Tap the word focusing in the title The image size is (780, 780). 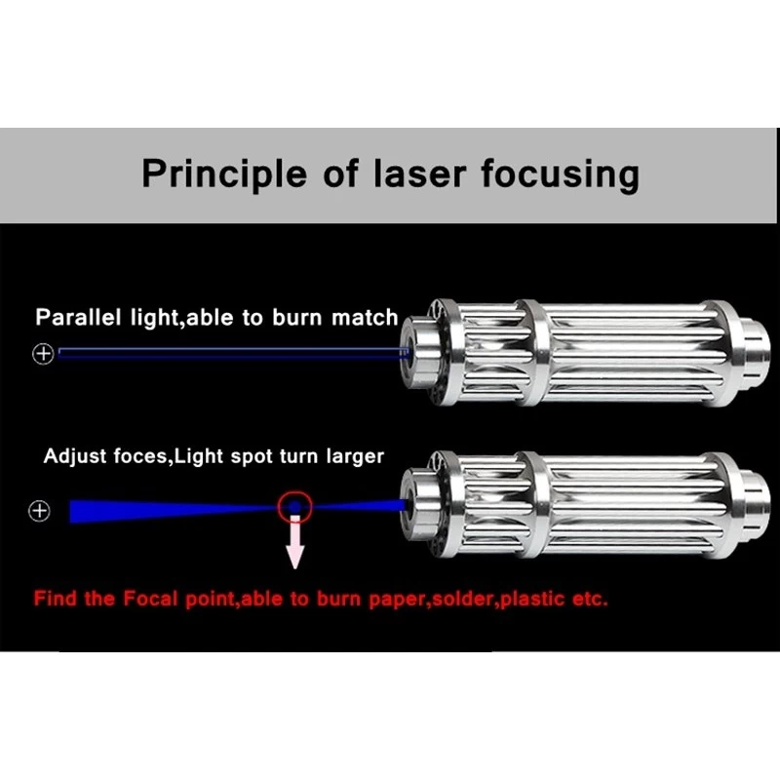coord(560,175)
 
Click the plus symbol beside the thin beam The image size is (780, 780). coord(43,354)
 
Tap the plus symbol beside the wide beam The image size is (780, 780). coord(39,510)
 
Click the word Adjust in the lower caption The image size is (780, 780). coord(73,456)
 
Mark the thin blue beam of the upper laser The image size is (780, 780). coord(234,353)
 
